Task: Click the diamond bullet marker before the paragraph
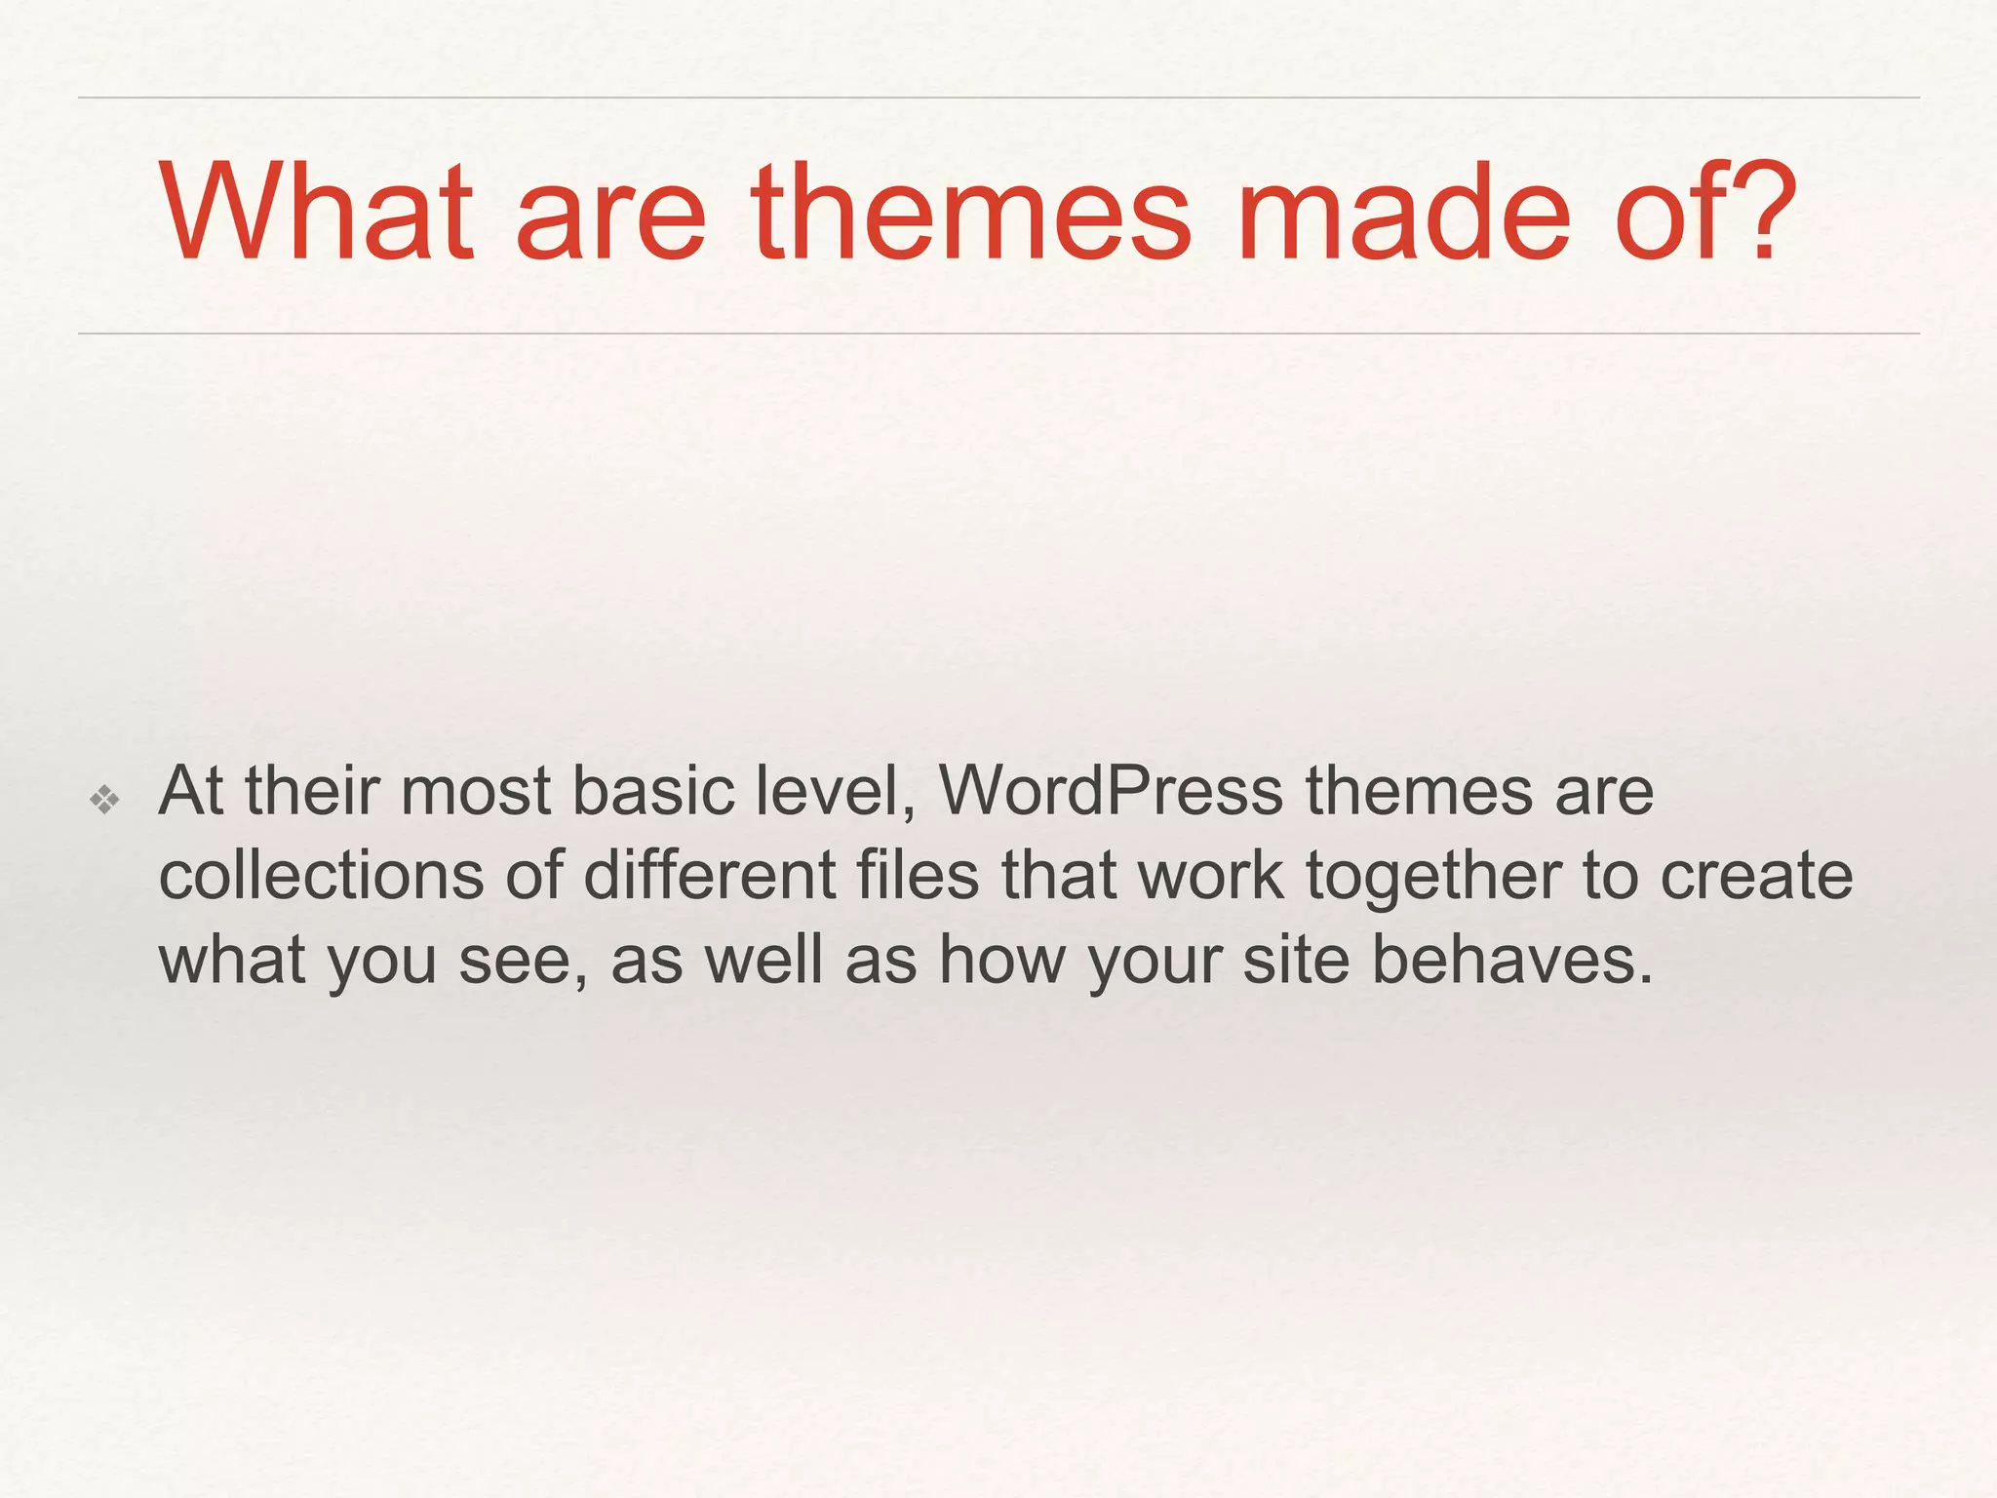(x=104, y=801)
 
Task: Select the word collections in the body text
(x=321, y=875)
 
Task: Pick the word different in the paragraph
(x=709, y=875)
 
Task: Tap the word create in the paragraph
(x=1755, y=875)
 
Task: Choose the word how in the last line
(x=1001, y=960)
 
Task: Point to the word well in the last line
(x=764, y=960)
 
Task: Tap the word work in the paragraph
(x=1210, y=875)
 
